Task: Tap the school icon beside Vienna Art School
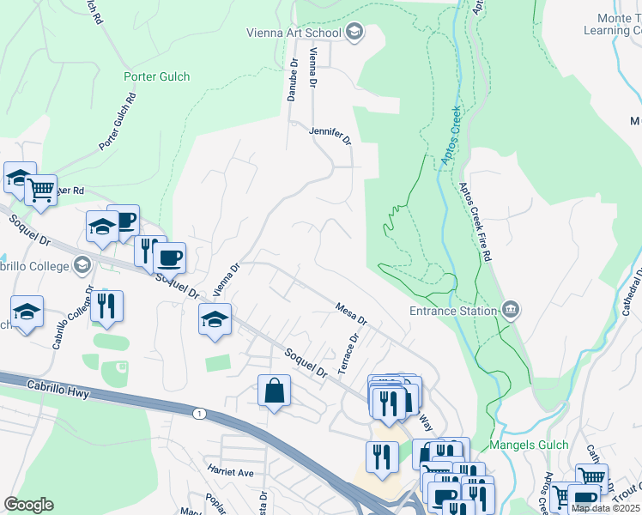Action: [354, 33]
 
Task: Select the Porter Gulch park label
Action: [157, 76]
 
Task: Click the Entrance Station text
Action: [453, 311]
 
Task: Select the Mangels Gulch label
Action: [529, 445]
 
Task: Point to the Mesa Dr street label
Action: [351, 312]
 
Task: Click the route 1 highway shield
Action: [200, 414]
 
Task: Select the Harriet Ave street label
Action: [230, 472]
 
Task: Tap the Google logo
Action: [28, 504]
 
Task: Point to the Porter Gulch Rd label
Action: [118, 122]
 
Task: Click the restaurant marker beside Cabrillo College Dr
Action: [106, 306]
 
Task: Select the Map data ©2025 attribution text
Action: [605, 508]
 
